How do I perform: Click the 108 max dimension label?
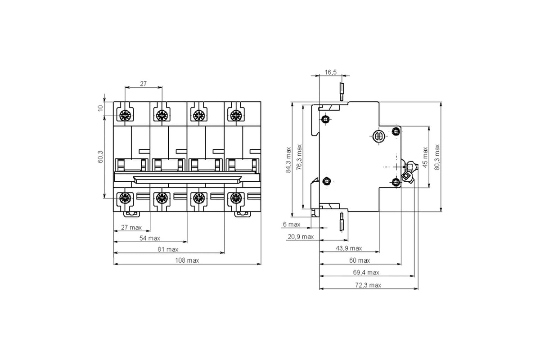click(187, 260)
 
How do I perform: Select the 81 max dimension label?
click(168, 249)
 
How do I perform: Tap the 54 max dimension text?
click(149, 238)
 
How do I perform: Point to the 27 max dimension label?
click(131, 227)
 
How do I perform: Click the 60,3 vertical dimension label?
click(100, 157)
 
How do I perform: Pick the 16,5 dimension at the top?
click(330, 72)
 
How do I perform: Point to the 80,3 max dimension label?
click(436, 156)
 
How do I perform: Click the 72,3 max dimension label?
click(368, 285)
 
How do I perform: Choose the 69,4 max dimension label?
click(366, 272)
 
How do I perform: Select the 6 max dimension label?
click(291, 224)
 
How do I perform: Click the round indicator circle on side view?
click(378, 136)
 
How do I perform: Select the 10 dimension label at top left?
click(100, 108)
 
